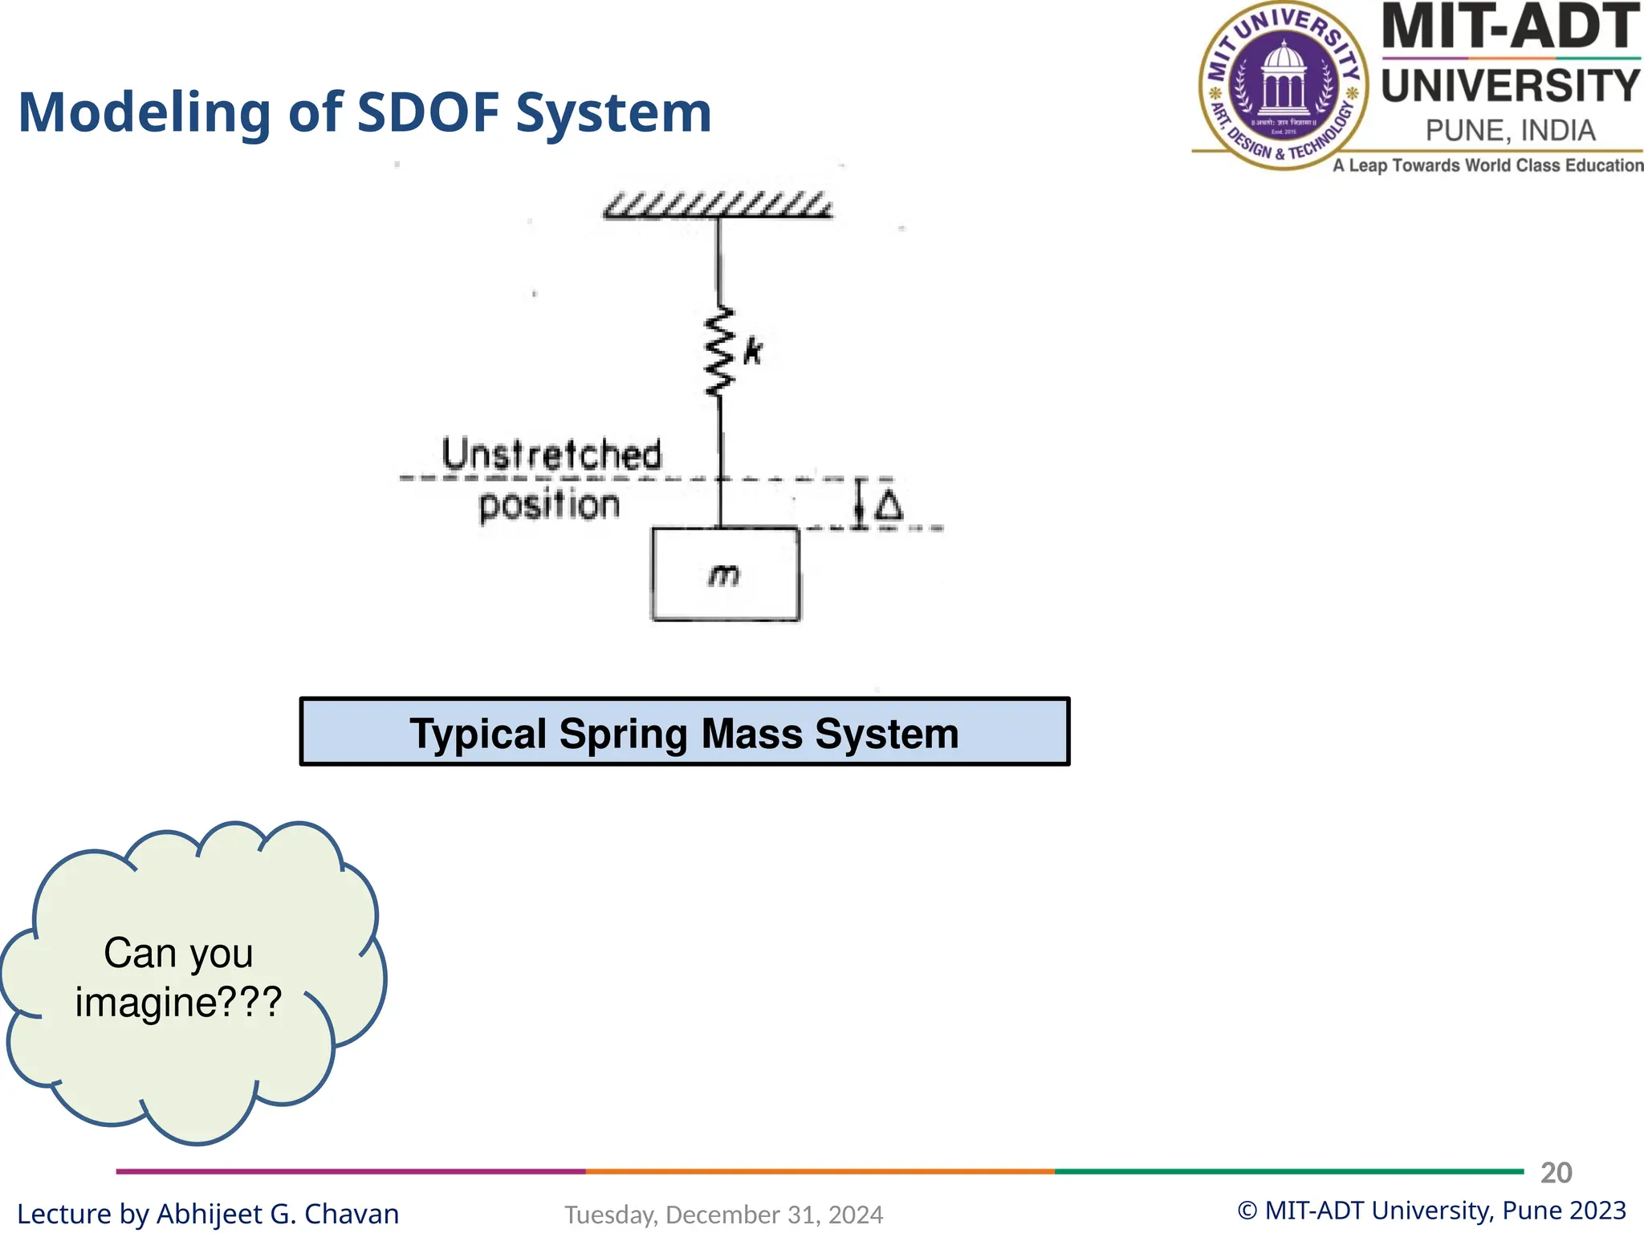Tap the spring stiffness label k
[752, 351]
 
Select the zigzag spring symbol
[719, 351]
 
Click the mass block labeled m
[725, 574]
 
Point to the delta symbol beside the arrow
[888, 506]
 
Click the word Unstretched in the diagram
[552, 454]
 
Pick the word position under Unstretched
[549, 505]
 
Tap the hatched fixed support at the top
[718, 205]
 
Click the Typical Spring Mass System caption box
[684, 731]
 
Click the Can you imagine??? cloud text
[178, 977]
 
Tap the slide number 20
[1556, 1173]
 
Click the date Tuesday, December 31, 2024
[723, 1215]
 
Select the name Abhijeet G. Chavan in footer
[278, 1214]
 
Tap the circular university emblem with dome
[1284, 85]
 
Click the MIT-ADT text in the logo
[1509, 27]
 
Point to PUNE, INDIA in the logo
[1510, 130]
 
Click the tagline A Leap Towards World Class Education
[1487, 165]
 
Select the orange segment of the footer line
[819, 1171]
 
